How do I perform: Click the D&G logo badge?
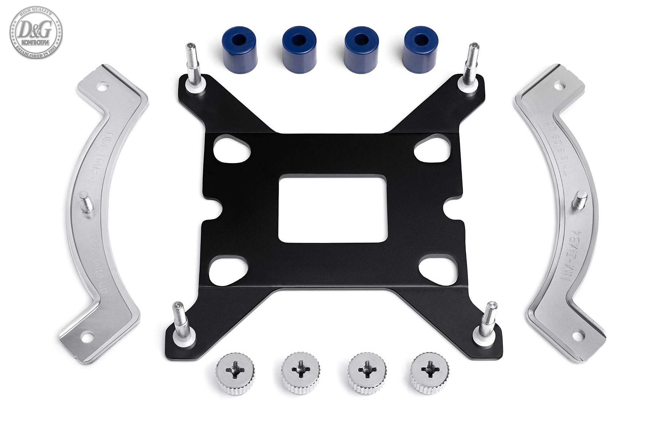click(x=36, y=32)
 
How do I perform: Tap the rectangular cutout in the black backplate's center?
click(x=333, y=209)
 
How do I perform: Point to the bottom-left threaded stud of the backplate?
click(x=179, y=320)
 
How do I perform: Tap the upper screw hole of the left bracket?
click(x=102, y=86)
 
